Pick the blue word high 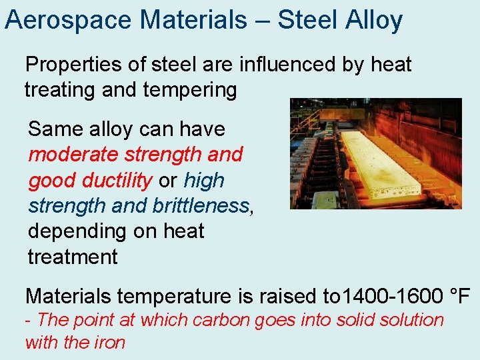click(204, 180)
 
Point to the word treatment click(73, 257)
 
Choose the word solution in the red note click(411, 320)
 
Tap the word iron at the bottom click(111, 343)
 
